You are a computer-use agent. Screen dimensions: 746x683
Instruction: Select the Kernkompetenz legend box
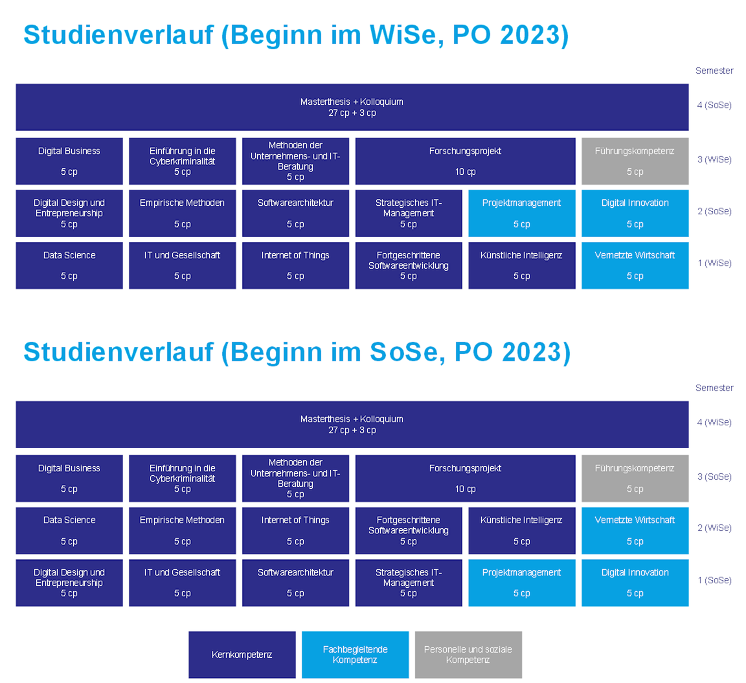242,655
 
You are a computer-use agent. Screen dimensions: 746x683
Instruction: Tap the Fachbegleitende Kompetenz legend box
355,655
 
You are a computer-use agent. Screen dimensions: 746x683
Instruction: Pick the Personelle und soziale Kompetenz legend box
468,655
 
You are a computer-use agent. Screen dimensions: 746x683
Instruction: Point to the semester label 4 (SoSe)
714,105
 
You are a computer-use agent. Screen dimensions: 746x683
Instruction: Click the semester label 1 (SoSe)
714,580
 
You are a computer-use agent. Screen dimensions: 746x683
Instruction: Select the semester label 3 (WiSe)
714,159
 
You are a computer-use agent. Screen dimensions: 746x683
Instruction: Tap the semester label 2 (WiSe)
714,528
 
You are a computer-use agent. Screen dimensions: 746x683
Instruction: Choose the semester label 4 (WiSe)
714,422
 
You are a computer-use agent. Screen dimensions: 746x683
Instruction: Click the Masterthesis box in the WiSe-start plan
352,107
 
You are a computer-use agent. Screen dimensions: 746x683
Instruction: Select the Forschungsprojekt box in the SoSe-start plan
466,478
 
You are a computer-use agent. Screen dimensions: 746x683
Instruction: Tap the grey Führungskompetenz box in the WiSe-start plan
635,161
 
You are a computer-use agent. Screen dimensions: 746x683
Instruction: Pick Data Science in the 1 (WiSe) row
69,265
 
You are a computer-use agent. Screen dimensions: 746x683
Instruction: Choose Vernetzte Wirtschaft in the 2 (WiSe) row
635,530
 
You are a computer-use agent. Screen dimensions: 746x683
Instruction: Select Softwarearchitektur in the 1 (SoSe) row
295,583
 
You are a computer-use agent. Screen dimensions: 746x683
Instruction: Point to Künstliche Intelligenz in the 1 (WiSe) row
522,265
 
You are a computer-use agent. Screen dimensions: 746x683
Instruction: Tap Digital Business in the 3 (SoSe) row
69,478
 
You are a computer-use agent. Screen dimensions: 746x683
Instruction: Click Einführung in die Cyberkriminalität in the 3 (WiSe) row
182,161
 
